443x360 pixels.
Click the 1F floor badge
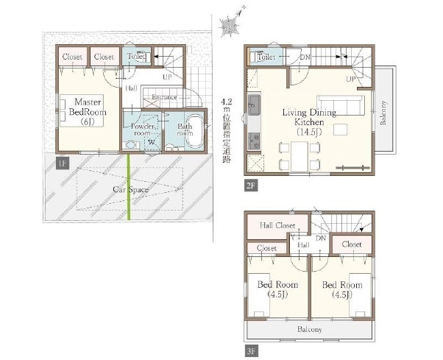[63, 163]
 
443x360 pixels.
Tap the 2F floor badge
[251, 186]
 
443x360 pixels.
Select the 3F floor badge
[251, 351]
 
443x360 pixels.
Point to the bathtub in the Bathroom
[194, 130]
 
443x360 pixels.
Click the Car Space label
[130, 189]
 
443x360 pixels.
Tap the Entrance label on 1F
[164, 97]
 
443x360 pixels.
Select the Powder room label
[143, 130]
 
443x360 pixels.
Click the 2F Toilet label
[266, 57]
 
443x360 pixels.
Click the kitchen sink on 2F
[254, 105]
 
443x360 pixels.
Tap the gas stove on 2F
[254, 141]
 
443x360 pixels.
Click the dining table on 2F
[300, 157]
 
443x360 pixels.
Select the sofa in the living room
[341, 105]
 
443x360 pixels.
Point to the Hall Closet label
[277, 225]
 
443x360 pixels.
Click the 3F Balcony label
[309, 330]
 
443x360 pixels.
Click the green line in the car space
[129, 186]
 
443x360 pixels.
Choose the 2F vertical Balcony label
[383, 113]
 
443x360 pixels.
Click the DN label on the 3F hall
[321, 239]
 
